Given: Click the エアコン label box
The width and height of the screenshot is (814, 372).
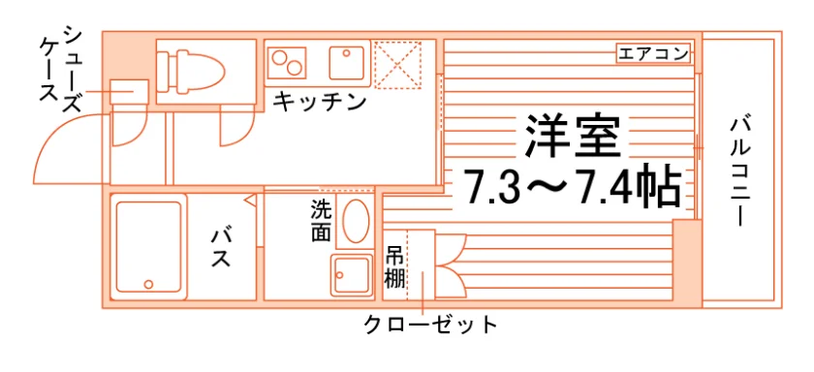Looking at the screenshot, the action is click(x=653, y=54).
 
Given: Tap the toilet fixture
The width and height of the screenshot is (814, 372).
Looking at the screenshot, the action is click(x=191, y=71).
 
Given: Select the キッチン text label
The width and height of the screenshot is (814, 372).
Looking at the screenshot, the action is click(x=319, y=101).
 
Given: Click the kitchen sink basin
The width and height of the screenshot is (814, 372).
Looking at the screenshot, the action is click(x=346, y=63).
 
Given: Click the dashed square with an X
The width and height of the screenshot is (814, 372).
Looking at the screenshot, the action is click(x=397, y=65).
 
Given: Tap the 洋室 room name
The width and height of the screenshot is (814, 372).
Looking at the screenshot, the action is click(x=573, y=136).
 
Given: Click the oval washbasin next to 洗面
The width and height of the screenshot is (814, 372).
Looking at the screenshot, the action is click(x=357, y=221).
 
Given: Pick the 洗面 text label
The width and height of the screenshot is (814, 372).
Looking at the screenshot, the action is click(x=321, y=221).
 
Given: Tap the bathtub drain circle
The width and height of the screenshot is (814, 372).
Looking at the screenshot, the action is click(x=149, y=284).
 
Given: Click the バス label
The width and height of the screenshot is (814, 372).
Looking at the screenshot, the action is click(x=221, y=248).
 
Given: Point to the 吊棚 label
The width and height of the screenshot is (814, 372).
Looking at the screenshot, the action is click(x=394, y=268).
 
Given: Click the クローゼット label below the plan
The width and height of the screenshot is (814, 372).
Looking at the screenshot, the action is click(x=430, y=325).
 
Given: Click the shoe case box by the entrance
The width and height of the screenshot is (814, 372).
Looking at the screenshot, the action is click(x=129, y=91).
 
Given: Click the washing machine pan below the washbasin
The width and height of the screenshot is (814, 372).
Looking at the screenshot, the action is click(x=353, y=276).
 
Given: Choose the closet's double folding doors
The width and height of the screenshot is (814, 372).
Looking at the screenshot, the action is click(x=451, y=266).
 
